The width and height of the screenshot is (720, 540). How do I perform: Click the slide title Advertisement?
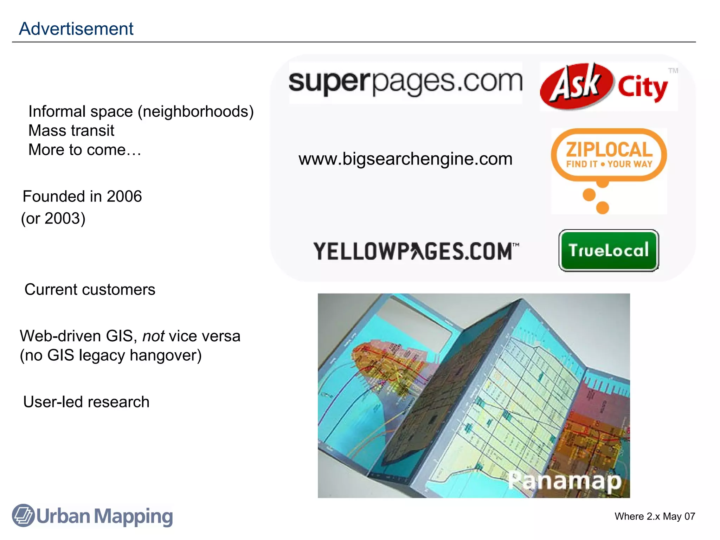pyautogui.click(x=76, y=28)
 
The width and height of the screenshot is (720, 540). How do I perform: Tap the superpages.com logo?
pyautogui.click(x=405, y=82)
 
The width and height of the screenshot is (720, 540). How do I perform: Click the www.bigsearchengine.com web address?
pyautogui.click(x=405, y=159)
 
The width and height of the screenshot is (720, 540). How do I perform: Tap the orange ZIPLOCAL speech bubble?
pyautogui.click(x=609, y=155)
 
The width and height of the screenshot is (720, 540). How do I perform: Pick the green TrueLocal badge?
pyautogui.click(x=609, y=250)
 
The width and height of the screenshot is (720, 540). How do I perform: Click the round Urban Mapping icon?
pyautogui.click(x=23, y=515)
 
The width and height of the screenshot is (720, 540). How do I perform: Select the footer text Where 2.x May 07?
pyautogui.click(x=655, y=516)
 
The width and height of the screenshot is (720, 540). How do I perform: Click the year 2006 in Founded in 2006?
pyautogui.click(x=124, y=196)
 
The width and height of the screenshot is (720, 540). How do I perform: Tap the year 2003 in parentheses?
pyautogui.click(x=63, y=218)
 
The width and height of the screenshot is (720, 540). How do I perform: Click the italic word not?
pyautogui.click(x=153, y=336)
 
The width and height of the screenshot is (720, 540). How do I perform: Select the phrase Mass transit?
pyautogui.click(x=71, y=130)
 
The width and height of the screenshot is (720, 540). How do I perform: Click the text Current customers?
pyautogui.click(x=90, y=289)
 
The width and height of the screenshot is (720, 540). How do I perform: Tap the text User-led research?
pyautogui.click(x=86, y=402)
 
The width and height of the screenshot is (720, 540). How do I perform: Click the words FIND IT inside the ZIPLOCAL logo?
pyautogui.click(x=581, y=164)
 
